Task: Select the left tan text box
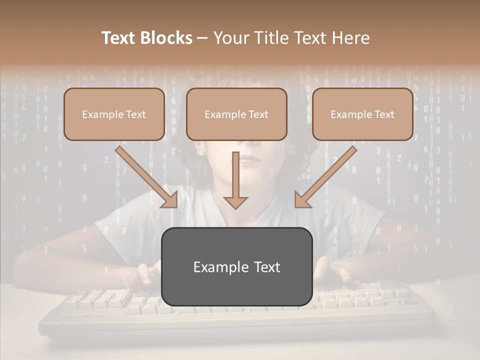pos(114,114)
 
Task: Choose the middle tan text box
pos(236,114)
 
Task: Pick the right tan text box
pos(362,114)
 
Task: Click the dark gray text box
pos(236,266)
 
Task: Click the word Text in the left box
pos(135,114)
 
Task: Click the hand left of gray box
pos(148,273)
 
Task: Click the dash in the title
pos(202,38)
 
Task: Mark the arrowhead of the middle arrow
pos(235,202)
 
